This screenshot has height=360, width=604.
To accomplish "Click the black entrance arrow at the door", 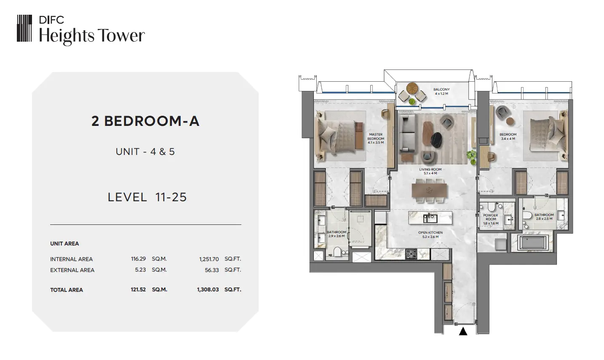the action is click(x=463, y=331).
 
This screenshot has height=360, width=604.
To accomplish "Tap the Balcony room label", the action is click(x=441, y=91).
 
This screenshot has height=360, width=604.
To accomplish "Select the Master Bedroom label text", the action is click(x=376, y=138).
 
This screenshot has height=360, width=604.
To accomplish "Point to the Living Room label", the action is click(x=430, y=171).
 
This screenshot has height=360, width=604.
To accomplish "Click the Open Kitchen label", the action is click(x=430, y=235).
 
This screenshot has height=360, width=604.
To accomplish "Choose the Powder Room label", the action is click(x=491, y=219).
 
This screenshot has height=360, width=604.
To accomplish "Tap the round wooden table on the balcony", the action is click(x=412, y=88).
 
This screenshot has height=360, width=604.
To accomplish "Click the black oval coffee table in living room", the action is click(x=436, y=140).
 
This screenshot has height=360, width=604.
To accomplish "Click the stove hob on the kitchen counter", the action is click(x=411, y=254).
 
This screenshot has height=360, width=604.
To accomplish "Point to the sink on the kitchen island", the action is click(x=430, y=218).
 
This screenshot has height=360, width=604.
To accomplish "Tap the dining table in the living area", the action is click(x=429, y=190).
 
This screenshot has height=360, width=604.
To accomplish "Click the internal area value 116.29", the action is click(x=138, y=259).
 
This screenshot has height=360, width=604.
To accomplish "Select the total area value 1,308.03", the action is click(x=208, y=290).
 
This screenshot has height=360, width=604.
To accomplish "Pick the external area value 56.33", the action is click(x=212, y=270).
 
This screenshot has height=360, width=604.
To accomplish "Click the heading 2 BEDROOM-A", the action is click(x=145, y=121).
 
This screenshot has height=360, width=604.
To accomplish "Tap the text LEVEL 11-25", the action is click(x=147, y=197).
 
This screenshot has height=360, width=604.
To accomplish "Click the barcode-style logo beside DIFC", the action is click(x=24, y=28).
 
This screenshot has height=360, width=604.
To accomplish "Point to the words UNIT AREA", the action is click(x=64, y=244).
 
